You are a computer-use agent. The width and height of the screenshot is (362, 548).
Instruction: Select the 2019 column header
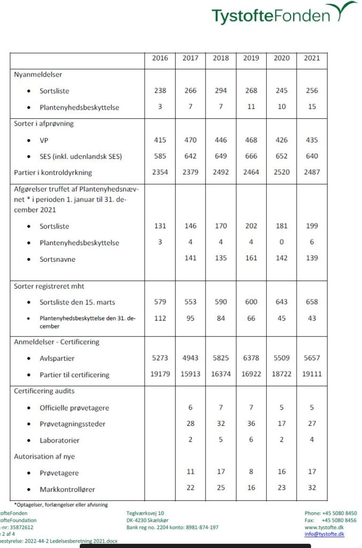tap(251, 58)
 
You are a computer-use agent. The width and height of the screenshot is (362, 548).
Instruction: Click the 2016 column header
tap(160, 58)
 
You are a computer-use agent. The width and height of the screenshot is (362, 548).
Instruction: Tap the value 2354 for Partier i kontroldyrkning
tap(160, 172)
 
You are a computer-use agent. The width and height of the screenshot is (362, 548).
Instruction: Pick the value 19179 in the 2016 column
tap(160, 374)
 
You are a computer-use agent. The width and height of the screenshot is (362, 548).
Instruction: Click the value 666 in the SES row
tap(251, 156)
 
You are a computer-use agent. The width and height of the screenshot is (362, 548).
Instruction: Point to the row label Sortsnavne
tap(57, 259)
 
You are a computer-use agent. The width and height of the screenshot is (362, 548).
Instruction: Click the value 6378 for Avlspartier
tap(251, 358)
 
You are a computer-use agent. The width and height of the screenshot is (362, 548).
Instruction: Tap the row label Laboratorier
tap(59, 440)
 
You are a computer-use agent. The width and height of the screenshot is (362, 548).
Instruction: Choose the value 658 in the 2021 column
tap(312, 302)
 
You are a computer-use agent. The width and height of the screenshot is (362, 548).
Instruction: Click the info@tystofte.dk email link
tap(325, 534)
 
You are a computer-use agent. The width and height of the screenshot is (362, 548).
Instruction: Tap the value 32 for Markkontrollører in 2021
tap(312, 488)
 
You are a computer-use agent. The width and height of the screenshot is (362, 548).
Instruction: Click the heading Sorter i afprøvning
tap(44, 123)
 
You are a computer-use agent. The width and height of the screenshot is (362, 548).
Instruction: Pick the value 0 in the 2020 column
tap(282, 242)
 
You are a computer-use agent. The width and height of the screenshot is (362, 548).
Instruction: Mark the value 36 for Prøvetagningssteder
tap(251, 424)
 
